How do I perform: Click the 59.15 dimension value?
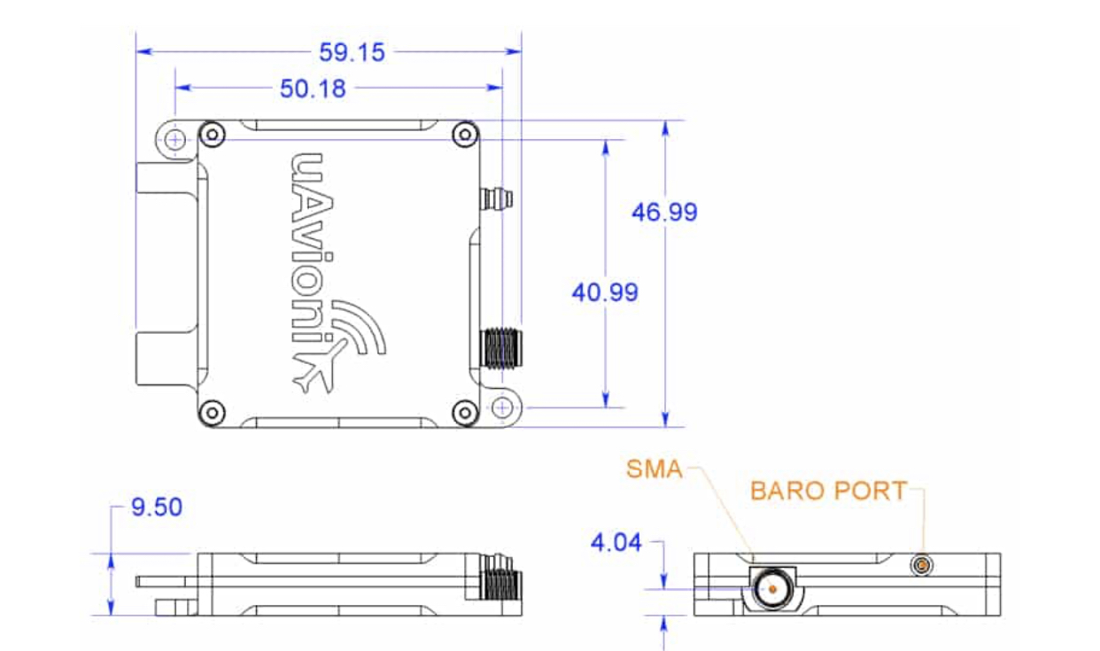pyautogui.click(x=352, y=52)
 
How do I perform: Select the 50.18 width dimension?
pyautogui.click(x=313, y=89)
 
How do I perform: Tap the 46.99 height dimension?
pyautogui.click(x=664, y=212)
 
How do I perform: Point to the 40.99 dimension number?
pyautogui.click(x=605, y=292)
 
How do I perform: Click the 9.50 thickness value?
pyautogui.click(x=157, y=508)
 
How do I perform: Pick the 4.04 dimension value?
pyautogui.click(x=616, y=543)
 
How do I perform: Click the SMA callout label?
pyautogui.click(x=655, y=469)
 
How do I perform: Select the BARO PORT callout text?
pyautogui.click(x=828, y=491)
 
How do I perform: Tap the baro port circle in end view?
pyautogui.click(x=922, y=566)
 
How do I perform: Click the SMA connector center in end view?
pyautogui.click(x=772, y=589)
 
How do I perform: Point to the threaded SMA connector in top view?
pyautogui.click(x=500, y=349)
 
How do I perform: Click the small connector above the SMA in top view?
pyautogui.click(x=497, y=199)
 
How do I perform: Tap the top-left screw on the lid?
pyautogui.click(x=213, y=134)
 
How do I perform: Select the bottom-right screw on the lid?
pyautogui.click(x=465, y=413)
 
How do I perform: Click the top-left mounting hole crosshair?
pyautogui.click(x=174, y=140)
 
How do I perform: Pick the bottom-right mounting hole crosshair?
pyautogui.click(x=502, y=407)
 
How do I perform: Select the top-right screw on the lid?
pyautogui.click(x=465, y=134)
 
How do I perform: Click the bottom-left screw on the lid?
pyautogui.click(x=213, y=413)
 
